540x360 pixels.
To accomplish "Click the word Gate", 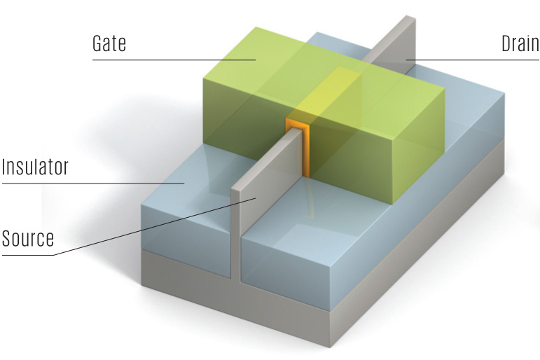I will pos(109,44).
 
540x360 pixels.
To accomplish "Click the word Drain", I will pos(520,44).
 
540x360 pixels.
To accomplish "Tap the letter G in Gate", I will pos(98,44).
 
